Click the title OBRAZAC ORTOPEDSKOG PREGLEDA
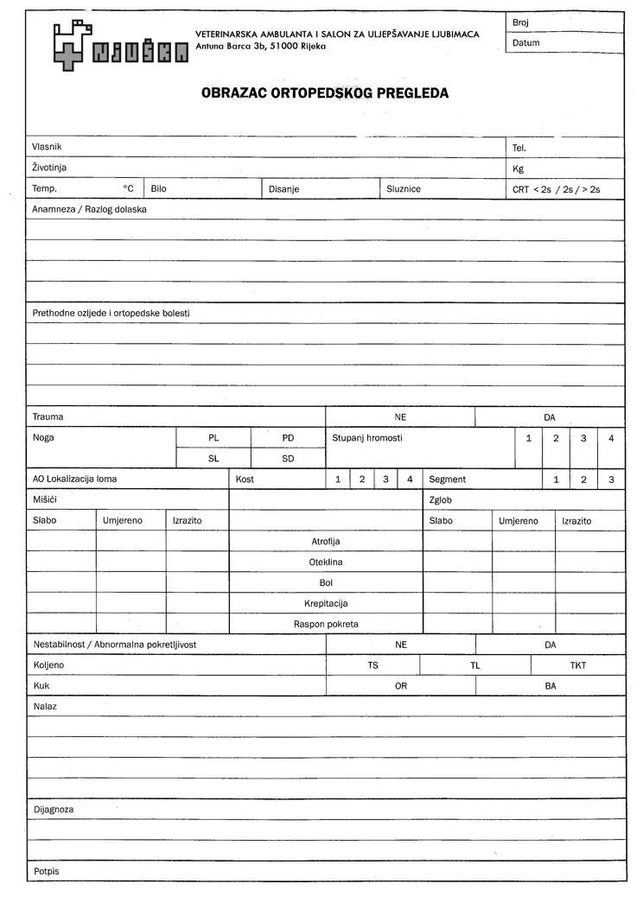click(325, 93)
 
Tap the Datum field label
click(525, 42)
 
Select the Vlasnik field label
click(47, 147)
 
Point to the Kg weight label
click(519, 168)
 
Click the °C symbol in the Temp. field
click(128, 188)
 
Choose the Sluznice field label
click(404, 188)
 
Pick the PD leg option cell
click(288, 438)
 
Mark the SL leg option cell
click(213, 459)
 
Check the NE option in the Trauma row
click(400, 417)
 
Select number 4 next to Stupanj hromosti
click(611, 438)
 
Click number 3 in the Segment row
click(611, 480)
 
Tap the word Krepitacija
click(326, 603)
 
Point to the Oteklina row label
click(326, 562)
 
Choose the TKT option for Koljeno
click(577, 666)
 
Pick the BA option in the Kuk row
click(551, 686)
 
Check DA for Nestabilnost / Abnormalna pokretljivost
click(551, 645)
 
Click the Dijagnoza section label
click(53, 810)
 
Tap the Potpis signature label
click(47, 871)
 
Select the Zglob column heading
click(441, 500)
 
